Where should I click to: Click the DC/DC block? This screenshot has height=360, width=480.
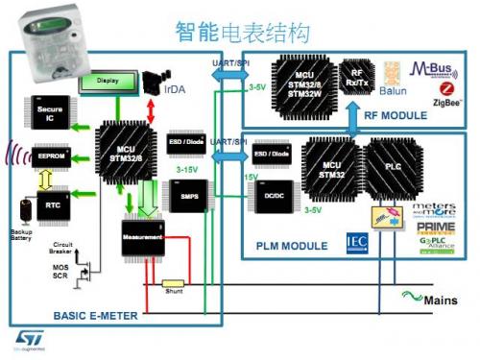270,195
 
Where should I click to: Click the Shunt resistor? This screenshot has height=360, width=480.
173,285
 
